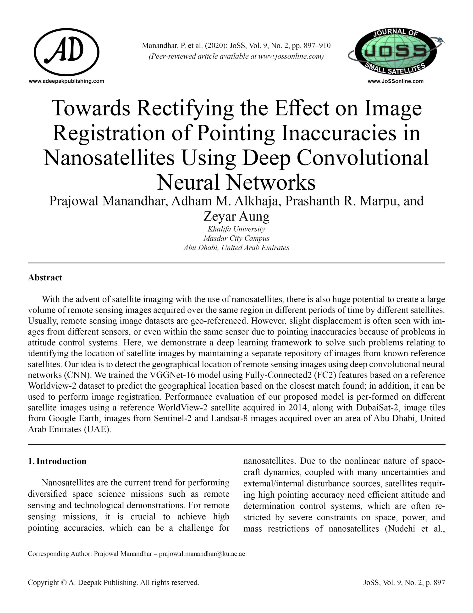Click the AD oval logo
click(66, 52)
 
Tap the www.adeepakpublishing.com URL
click(66, 81)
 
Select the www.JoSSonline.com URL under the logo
click(395, 81)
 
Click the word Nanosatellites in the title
click(109, 158)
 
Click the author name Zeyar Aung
click(236, 216)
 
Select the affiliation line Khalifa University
click(236, 229)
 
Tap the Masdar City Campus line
click(236, 238)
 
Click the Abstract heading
click(45, 277)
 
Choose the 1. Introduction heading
click(57, 461)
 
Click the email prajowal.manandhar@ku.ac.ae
click(202, 554)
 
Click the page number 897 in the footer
click(439, 583)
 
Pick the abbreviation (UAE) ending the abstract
click(97, 429)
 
